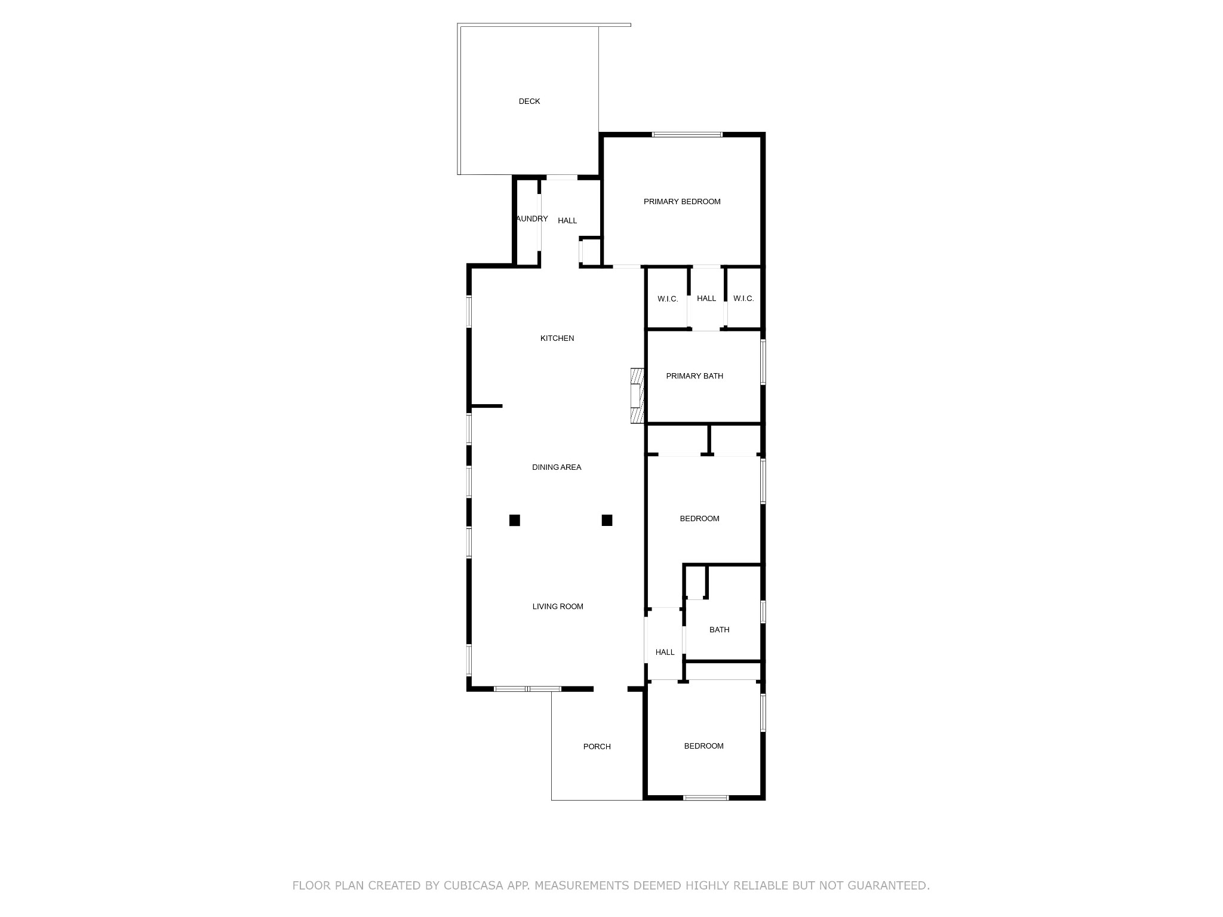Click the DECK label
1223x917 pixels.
529,101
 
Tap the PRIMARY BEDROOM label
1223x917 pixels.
682,202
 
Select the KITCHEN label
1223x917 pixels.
557,339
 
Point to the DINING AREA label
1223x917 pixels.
557,467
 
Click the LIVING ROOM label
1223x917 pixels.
558,607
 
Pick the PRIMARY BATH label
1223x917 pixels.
695,376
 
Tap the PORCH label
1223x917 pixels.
597,747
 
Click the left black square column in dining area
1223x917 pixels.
515,520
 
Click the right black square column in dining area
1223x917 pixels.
607,520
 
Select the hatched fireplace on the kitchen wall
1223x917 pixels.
637,396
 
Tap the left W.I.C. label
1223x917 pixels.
668,299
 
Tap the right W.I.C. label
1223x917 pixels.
743,299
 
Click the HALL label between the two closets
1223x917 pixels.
706,299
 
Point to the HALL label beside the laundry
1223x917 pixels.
567,221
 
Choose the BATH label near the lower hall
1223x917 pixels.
720,630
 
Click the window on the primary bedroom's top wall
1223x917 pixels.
687,135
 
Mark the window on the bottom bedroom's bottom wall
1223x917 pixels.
706,798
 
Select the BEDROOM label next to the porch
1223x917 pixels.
704,746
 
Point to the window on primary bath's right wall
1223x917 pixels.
763,362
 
